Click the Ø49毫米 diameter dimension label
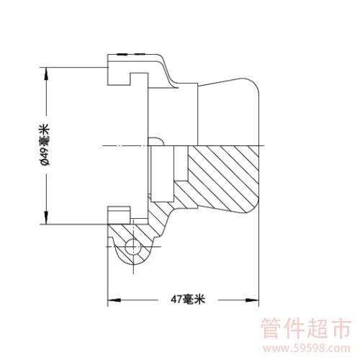coord(45,145)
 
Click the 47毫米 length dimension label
coord(188,300)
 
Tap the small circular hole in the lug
coord(132,247)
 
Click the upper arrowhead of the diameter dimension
coord(47,73)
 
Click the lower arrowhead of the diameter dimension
coord(47,218)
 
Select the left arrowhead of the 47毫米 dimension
coord(114,300)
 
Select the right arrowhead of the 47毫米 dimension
coord(253,300)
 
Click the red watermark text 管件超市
coord(306,328)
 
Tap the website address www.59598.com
coord(307,348)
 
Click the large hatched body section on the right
coord(223,178)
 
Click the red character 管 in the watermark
coord(271,328)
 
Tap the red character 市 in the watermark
coord(341,328)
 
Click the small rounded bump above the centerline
coord(156,141)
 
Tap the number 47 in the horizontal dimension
coord(176,300)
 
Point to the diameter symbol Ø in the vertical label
coord(45,163)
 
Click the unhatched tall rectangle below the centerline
coord(162,174)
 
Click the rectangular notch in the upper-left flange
coord(139,79)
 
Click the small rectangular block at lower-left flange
coord(119,215)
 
